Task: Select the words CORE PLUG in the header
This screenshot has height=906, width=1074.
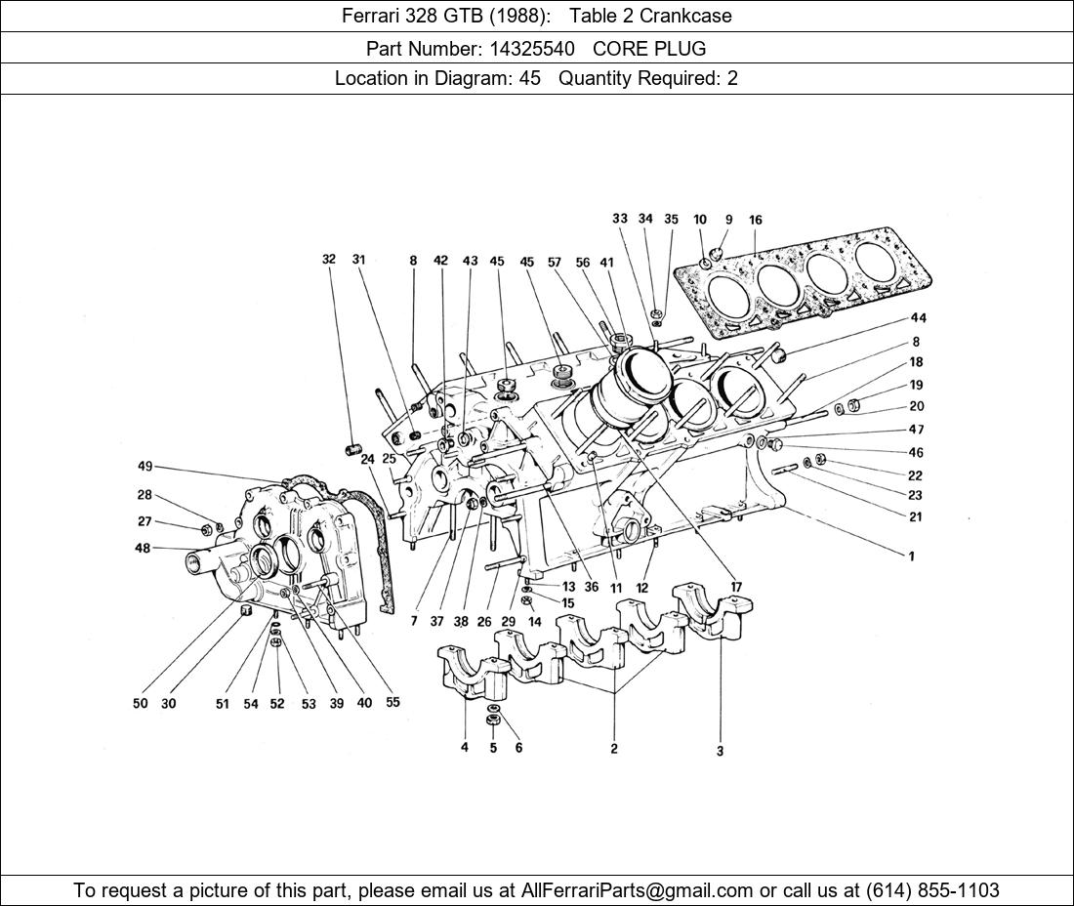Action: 649,48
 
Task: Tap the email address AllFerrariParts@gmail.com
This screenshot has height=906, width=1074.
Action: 638,890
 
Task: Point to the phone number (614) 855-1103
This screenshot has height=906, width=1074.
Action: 932,890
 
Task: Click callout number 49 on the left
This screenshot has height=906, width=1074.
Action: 145,467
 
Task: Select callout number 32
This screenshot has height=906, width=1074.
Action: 329,260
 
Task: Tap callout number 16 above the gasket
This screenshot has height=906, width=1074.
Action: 756,221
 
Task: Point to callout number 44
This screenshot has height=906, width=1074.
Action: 918,318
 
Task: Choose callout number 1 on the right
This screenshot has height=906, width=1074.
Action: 911,556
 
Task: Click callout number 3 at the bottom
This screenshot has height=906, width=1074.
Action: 720,751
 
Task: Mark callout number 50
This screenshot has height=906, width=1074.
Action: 141,703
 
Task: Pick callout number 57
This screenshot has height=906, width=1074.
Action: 555,262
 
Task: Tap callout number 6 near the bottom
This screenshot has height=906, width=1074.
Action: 518,748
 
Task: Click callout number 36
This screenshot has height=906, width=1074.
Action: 592,587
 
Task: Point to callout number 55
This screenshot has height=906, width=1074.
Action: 392,702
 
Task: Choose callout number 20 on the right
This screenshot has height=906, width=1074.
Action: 916,406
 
